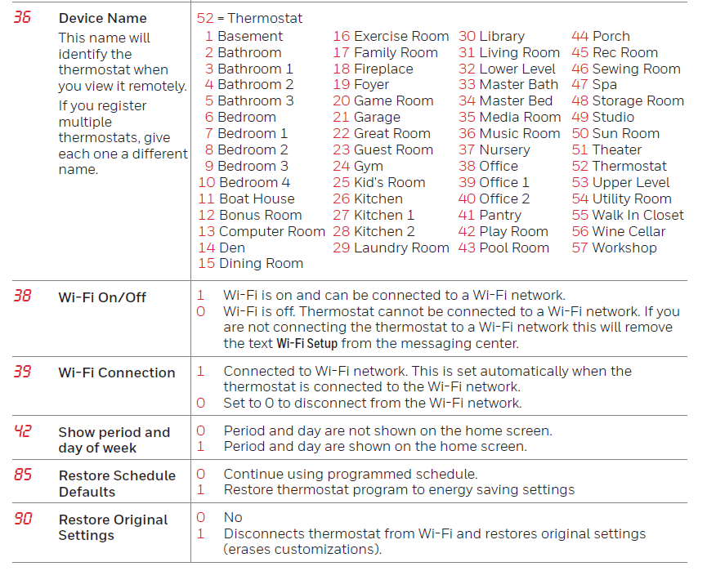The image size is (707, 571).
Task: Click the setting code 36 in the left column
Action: point(23,17)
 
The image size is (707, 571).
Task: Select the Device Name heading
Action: point(102,18)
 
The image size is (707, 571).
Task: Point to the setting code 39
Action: point(23,372)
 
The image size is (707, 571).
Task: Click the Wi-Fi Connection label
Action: point(116,372)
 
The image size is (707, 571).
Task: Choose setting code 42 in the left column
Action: point(23,431)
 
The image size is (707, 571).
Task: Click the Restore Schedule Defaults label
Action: point(116,484)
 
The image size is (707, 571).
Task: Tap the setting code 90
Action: point(23,519)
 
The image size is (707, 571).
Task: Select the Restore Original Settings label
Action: point(113,527)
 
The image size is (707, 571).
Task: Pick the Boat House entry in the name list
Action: point(257,199)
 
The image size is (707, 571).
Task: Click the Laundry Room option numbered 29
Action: point(401,248)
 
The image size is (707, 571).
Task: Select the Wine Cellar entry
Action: point(629,231)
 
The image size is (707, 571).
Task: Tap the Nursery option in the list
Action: point(504,149)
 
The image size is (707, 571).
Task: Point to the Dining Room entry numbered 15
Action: point(260,263)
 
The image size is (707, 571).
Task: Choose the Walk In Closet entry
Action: point(638,215)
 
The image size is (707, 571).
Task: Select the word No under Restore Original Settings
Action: point(233,517)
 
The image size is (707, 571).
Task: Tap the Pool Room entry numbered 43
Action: point(513,248)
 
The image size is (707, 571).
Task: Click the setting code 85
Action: point(23,475)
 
